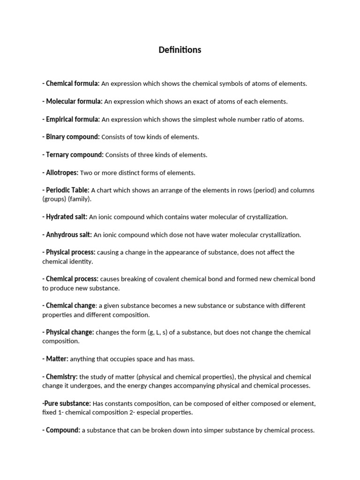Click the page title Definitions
click(180, 50)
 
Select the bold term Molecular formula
click(74, 101)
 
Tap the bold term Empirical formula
click(73, 119)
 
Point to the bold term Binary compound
click(73, 137)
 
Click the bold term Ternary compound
click(75, 155)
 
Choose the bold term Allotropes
click(62, 172)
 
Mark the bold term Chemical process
click(72, 279)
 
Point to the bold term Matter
click(57, 359)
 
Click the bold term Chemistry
click(61, 377)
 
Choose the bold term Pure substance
click(67, 404)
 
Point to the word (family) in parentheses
click(80, 199)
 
